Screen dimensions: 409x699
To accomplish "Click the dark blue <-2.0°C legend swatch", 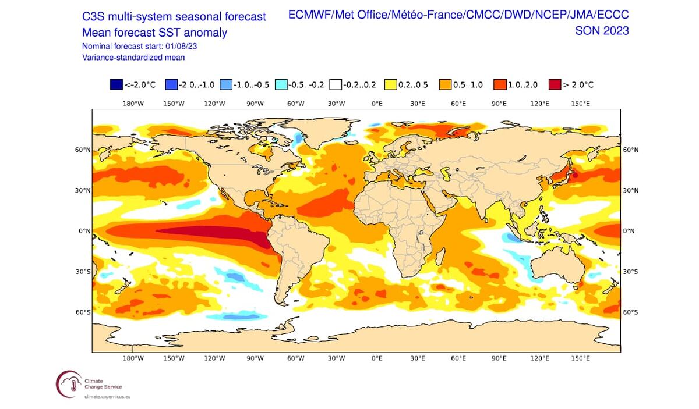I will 116,85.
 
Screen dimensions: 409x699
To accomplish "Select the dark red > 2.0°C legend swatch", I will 554,85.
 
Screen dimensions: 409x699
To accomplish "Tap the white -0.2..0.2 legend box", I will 335,85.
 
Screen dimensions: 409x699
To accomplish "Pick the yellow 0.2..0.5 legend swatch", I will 390,85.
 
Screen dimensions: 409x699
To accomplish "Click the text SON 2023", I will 602,31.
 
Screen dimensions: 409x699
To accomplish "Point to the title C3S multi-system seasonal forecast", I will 174,17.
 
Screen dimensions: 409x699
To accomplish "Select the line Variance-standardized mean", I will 133,57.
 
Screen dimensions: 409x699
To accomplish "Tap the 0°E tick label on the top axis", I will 377,104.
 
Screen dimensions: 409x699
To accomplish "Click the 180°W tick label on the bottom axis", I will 133,358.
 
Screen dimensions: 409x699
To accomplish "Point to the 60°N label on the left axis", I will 83,150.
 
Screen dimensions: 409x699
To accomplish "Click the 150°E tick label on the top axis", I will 580,104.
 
